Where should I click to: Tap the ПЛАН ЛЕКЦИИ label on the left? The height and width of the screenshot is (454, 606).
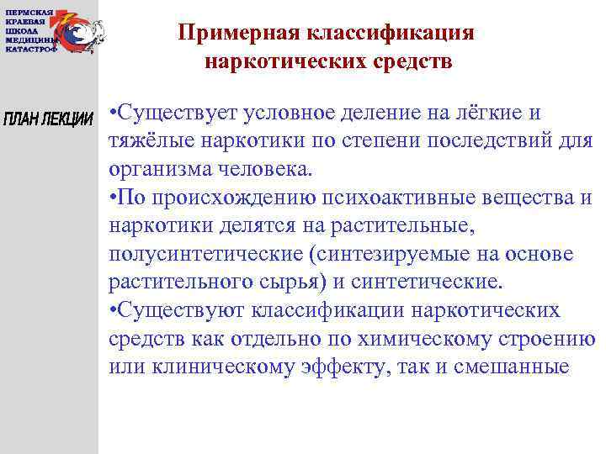coord(49,118)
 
